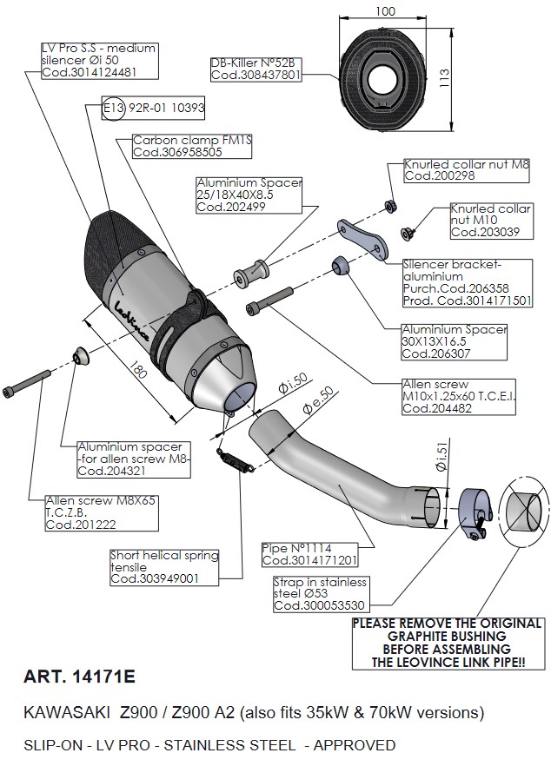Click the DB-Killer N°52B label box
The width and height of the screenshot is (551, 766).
pyautogui.click(x=256, y=69)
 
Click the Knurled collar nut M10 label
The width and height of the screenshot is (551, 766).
pyautogui.click(x=484, y=221)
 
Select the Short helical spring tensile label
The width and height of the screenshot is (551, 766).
pyautogui.click(x=163, y=566)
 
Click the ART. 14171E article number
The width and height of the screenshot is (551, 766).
pyautogui.click(x=76, y=674)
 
